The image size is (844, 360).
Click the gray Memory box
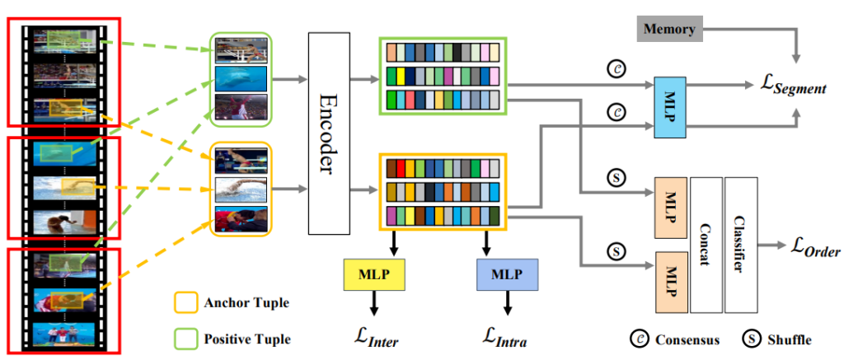668,30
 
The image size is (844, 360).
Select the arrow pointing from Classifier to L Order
773,245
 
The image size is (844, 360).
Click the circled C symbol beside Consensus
639,339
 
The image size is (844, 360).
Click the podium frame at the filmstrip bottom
63,335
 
